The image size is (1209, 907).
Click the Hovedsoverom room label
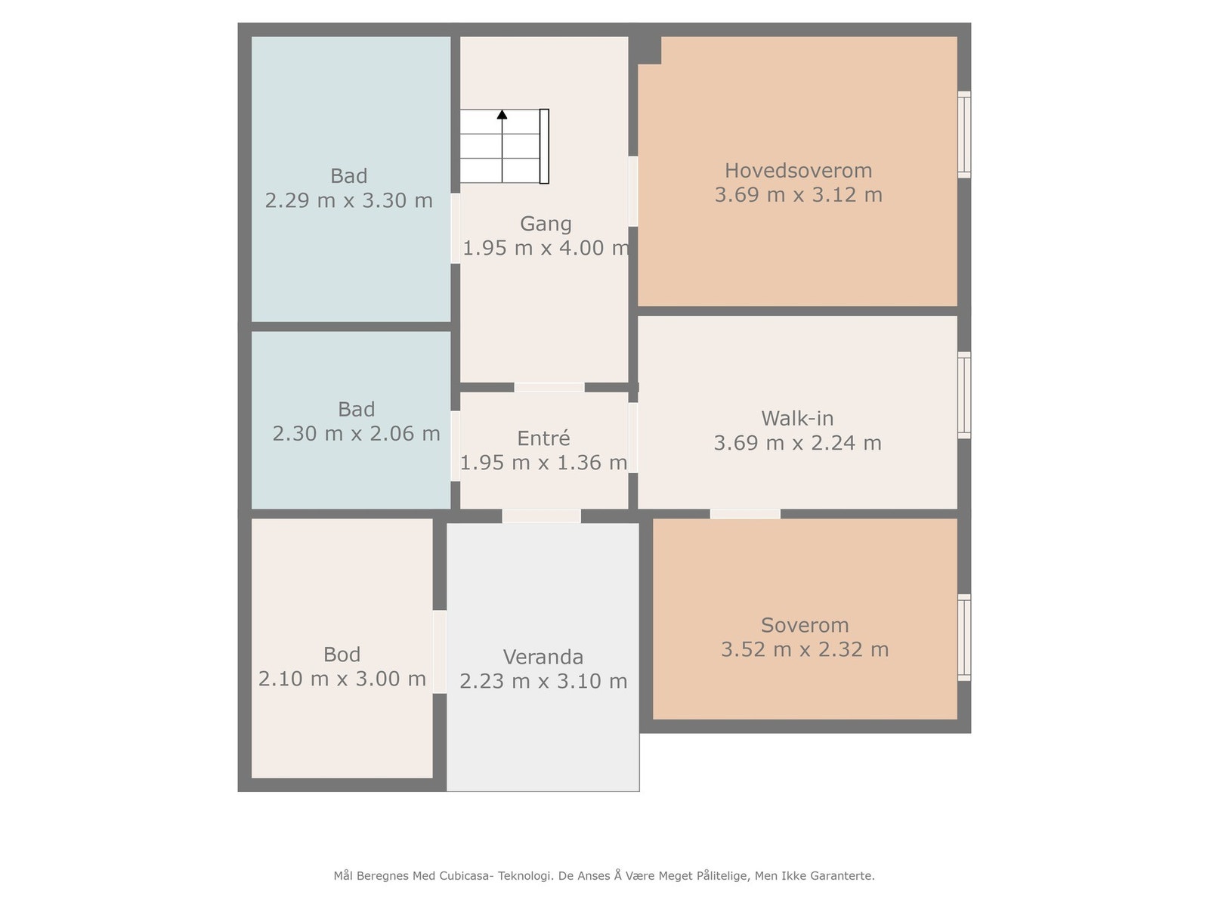point(798,171)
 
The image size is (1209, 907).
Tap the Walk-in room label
point(797,419)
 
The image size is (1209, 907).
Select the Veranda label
point(543,657)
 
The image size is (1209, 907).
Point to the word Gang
point(546,224)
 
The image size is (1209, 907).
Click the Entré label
point(543,438)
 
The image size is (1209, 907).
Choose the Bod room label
point(342,655)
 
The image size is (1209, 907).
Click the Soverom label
point(805,625)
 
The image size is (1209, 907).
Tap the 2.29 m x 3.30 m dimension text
point(348,200)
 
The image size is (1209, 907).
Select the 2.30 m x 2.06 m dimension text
point(357,434)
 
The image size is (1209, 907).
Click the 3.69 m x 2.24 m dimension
point(797,443)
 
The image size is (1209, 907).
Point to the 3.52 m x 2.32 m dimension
point(805,650)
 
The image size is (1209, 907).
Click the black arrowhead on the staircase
point(502,115)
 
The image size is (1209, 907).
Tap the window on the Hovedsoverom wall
point(964,135)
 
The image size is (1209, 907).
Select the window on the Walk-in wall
point(964,395)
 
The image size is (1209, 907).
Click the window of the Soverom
point(964,637)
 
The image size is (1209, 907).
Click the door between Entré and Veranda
point(541,516)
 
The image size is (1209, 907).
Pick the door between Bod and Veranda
point(440,652)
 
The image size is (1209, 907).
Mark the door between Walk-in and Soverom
point(745,515)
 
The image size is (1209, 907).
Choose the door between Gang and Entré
point(549,388)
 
